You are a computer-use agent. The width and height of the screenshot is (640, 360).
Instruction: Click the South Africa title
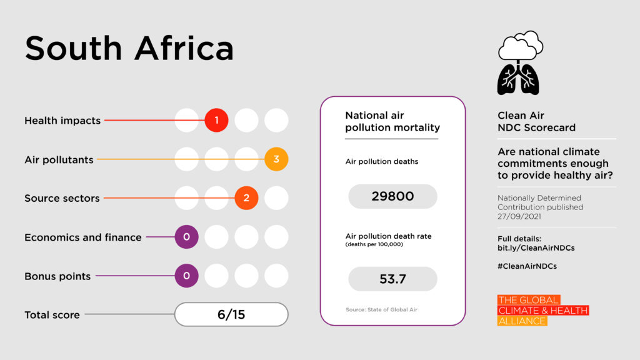(129, 48)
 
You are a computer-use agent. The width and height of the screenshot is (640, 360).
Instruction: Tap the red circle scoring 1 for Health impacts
(216, 121)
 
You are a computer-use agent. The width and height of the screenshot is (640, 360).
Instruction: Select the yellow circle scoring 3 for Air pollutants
(276, 159)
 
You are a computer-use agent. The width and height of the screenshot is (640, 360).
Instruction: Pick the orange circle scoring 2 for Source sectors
(246, 198)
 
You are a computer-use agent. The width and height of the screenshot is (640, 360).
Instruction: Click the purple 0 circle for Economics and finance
(186, 237)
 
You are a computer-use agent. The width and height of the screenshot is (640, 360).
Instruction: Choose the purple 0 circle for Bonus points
(186, 276)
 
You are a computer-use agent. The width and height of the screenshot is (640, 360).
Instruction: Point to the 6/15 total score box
(231, 314)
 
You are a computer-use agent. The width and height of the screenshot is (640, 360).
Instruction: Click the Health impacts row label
(62, 121)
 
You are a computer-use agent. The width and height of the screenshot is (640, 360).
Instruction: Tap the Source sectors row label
(62, 198)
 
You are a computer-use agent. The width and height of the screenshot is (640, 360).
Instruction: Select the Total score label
(52, 315)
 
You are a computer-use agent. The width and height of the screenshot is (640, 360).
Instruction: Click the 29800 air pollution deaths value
(392, 196)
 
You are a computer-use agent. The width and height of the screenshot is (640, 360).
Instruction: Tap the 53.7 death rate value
(392, 279)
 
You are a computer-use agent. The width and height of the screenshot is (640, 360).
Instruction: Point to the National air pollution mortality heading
(392, 122)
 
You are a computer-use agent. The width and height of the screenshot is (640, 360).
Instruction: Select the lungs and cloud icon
(519, 62)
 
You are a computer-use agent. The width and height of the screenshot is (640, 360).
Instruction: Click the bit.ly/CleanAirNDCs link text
(536, 248)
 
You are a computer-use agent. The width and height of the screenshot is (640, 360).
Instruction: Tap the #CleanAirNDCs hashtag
(527, 266)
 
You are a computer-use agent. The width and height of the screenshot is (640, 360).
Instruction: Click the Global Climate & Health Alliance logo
(542, 311)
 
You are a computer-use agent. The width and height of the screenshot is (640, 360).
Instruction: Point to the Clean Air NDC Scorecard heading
(536, 122)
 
